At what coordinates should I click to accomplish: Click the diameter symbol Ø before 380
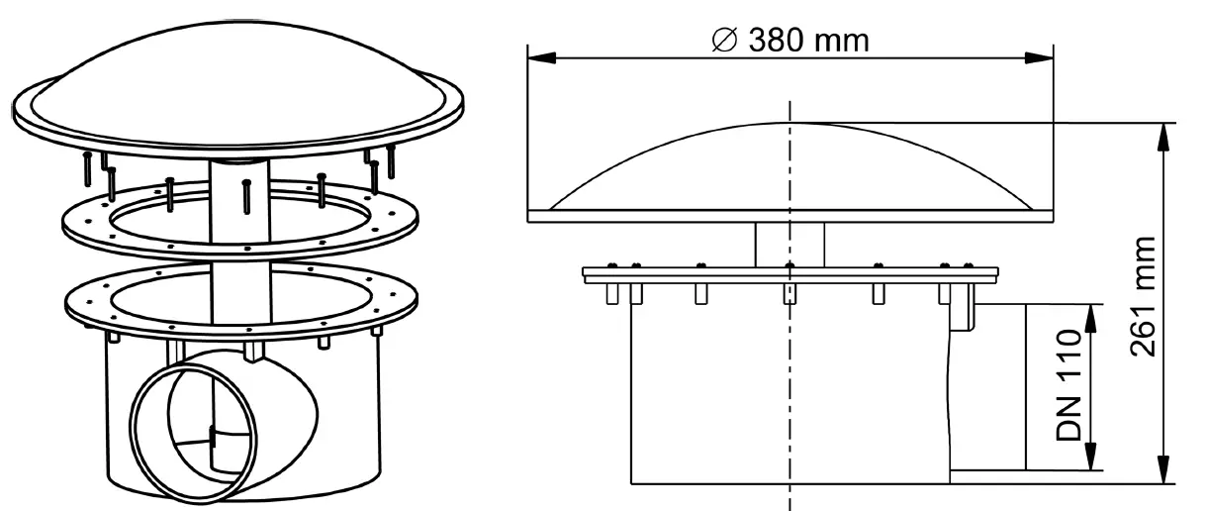724,41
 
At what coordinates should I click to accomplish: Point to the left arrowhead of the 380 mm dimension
535,56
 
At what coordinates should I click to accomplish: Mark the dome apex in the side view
789,123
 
